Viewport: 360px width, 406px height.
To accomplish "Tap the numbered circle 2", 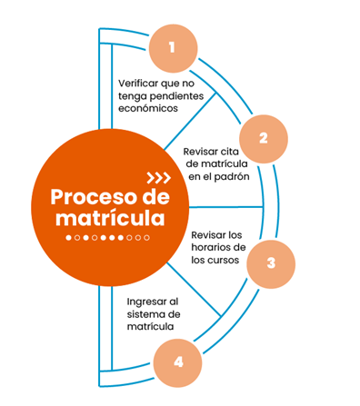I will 263,138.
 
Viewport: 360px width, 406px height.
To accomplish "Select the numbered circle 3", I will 271,263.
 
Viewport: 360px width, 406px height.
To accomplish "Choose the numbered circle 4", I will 177,361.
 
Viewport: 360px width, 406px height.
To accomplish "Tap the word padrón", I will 233,177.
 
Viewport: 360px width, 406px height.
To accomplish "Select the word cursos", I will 227,262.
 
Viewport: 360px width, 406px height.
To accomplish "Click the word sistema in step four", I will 145,313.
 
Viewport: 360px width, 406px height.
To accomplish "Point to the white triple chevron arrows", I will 158,176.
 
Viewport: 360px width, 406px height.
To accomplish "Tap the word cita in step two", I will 241,151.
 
